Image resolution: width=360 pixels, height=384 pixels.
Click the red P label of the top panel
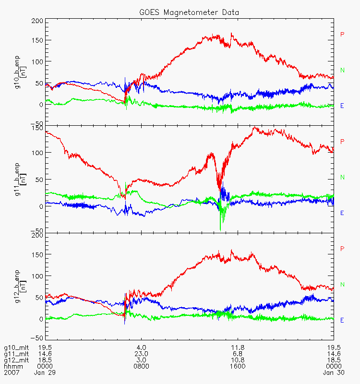point(343,34)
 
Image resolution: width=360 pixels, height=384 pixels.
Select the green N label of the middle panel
point(343,177)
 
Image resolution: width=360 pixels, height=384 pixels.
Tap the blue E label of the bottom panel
point(342,320)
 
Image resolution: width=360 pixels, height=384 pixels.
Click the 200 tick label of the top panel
point(37,21)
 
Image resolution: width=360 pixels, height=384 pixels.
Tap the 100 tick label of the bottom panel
point(37,276)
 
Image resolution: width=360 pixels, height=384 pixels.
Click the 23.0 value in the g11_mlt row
point(141,353)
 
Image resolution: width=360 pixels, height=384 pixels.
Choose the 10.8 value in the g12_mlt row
point(238,360)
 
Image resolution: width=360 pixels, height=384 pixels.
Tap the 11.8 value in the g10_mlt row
point(238,347)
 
